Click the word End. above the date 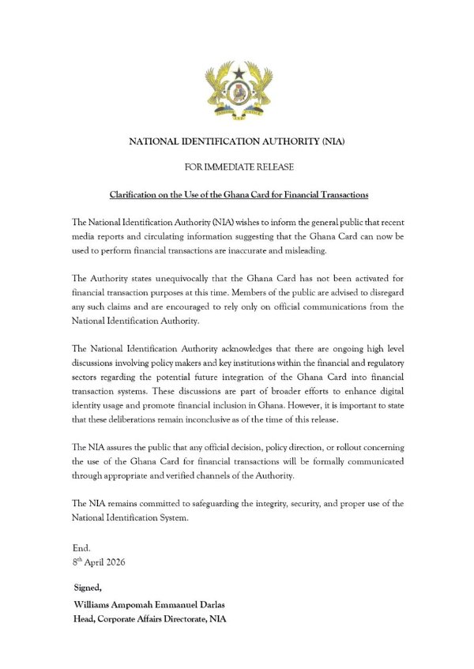[81, 547]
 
